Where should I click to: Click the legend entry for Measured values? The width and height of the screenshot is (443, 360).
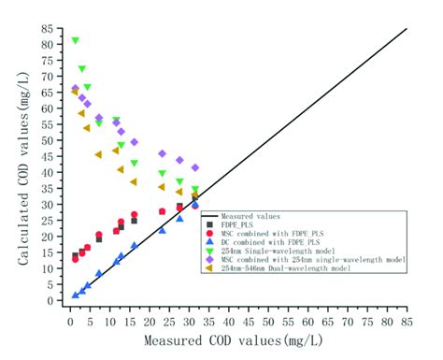[x=251, y=215]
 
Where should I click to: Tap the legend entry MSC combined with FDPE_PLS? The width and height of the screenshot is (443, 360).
[x=272, y=233]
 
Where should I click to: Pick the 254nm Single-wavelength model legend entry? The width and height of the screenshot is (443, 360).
[x=277, y=250]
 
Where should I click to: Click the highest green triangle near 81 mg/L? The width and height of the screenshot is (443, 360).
[x=75, y=41]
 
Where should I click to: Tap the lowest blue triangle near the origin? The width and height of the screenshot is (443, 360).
[x=75, y=295]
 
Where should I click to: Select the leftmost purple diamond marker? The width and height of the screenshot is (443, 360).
[x=75, y=89]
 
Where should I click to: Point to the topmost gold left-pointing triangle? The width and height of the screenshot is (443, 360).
[x=75, y=92]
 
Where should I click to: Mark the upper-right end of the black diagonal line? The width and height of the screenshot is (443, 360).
[x=407, y=29]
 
